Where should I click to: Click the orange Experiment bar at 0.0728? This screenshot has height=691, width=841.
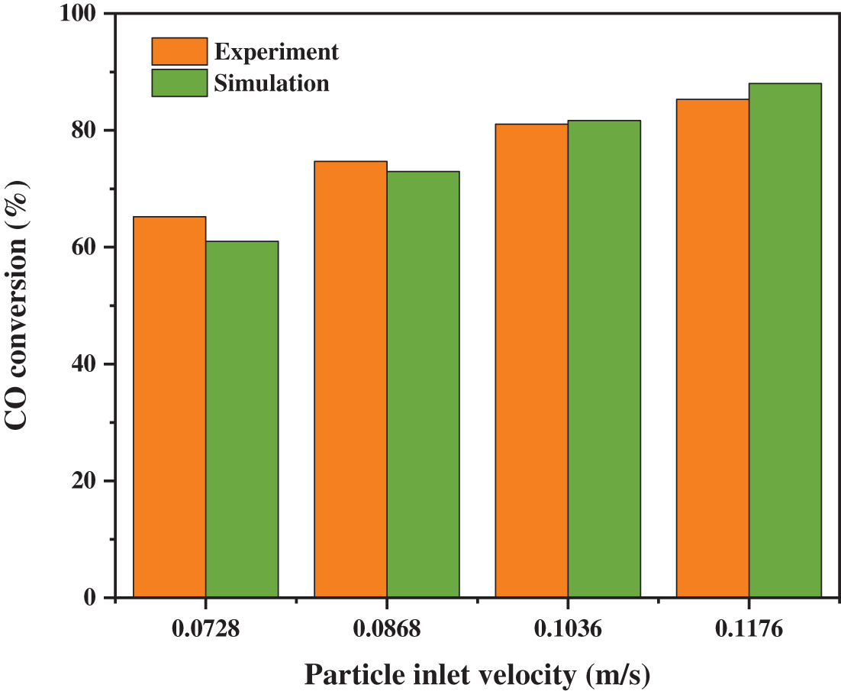click(x=169, y=407)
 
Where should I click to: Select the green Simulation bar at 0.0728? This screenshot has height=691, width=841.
click(x=242, y=419)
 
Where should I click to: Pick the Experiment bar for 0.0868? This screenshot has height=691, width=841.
click(x=351, y=379)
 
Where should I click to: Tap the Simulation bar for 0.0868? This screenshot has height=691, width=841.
click(x=423, y=384)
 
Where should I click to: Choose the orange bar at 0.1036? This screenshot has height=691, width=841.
click(x=532, y=360)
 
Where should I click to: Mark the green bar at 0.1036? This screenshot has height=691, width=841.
click(x=604, y=359)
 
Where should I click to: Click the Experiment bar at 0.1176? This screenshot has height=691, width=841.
click(x=713, y=348)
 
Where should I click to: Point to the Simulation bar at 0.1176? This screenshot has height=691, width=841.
click(x=785, y=340)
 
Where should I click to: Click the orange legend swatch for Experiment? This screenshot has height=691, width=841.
click(x=179, y=51)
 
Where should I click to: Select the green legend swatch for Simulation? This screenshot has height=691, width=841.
click(x=179, y=82)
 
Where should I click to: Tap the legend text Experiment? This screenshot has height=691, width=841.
click(x=276, y=52)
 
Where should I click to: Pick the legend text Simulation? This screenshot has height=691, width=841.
click(x=272, y=82)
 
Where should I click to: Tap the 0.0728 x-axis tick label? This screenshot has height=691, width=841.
click(x=205, y=631)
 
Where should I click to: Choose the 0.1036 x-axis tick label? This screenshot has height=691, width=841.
click(x=568, y=631)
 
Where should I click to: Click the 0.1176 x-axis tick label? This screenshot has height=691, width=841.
click(x=749, y=631)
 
